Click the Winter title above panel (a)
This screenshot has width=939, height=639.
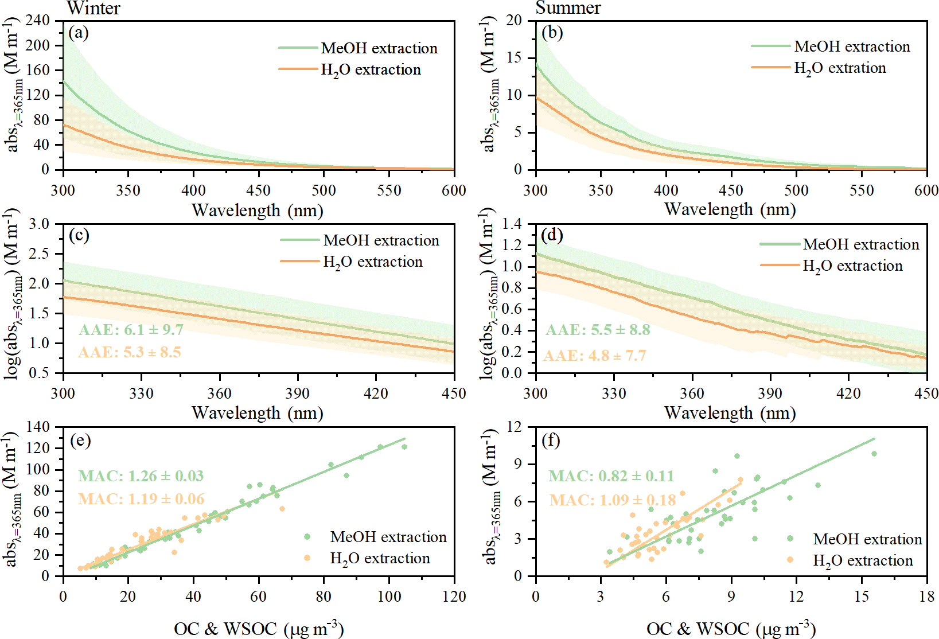(x=93, y=8)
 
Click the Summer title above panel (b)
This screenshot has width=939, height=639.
(x=568, y=8)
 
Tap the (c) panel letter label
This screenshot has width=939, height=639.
(x=79, y=235)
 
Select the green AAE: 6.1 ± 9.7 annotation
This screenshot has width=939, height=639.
(x=131, y=330)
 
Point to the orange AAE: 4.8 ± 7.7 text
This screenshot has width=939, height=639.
(x=594, y=356)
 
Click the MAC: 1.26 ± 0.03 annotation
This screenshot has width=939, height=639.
(x=141, y=476)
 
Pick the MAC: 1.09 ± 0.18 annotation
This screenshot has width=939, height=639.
(x=612, y=500)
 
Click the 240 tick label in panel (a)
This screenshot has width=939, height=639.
(x=38, y=21)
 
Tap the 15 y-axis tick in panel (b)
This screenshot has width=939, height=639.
(x=514, y=58)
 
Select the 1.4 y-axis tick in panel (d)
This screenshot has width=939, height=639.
(x=512, y=224)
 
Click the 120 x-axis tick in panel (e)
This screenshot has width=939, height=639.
(x=454, y=597)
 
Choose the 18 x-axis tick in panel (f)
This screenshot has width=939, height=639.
(x=926, y=597)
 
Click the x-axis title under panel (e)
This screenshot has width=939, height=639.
(x=259, y=629)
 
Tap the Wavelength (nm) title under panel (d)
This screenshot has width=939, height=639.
(x=730, y=413)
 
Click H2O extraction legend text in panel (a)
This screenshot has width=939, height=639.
(x=371, y=70)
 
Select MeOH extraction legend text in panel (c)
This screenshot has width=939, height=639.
(x=381, y=240)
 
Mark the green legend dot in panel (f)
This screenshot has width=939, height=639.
(x=790, y=539)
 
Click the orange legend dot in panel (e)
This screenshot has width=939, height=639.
(x=307, y=558)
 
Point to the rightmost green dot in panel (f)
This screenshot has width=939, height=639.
(x=874, y=454)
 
